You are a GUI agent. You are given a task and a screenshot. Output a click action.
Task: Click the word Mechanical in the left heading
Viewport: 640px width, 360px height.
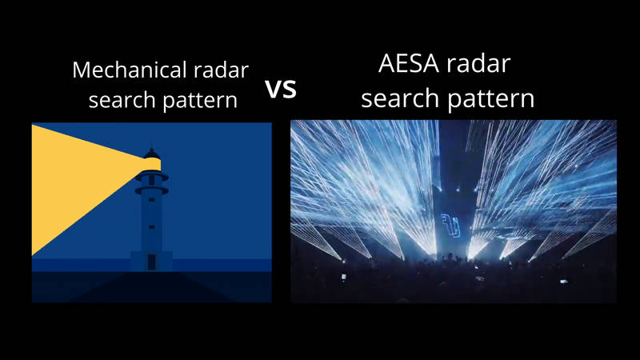tap(130, 70)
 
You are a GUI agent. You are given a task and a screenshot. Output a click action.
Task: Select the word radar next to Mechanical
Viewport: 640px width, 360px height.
tap(221, 70)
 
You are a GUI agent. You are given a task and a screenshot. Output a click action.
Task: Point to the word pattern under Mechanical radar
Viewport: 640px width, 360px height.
tap(200, 101)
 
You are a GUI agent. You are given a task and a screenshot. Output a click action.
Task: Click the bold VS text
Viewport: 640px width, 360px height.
tap(281, 89)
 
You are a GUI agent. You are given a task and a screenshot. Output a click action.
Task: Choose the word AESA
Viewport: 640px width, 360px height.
tap(409, 63)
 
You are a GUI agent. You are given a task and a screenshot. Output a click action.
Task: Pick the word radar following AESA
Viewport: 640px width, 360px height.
tap(478, 63)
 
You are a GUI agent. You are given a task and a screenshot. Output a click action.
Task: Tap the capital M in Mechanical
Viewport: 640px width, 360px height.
tap(82, 70)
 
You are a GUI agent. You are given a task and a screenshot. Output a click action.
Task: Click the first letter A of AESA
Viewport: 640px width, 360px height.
tap(387, 63)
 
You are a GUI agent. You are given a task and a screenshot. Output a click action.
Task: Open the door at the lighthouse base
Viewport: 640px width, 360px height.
tap(151, 262)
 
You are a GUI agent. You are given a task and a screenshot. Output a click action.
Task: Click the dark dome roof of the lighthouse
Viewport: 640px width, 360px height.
tap(152, 154)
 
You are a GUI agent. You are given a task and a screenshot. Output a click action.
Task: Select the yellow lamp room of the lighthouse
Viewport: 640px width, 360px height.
tap(152, 165)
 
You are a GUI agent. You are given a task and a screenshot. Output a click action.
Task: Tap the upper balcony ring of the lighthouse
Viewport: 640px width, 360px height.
tap(151, 177)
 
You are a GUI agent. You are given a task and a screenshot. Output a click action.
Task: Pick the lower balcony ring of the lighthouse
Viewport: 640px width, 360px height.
tap(151, 190)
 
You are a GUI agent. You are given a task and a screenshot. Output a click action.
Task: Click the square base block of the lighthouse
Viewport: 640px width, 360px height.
tap(151, 262)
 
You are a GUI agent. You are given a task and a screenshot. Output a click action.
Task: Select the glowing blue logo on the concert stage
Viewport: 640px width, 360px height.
tap(450, 225)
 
